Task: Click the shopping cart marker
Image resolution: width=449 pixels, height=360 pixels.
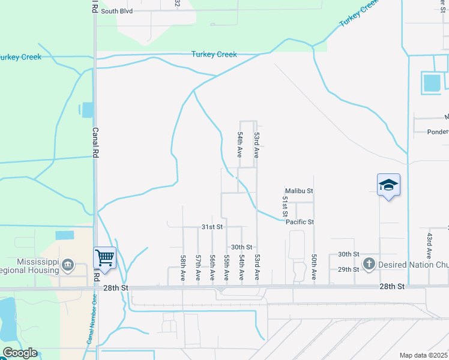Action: [104, 258]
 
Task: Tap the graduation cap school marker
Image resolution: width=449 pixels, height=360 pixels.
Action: [388, 185]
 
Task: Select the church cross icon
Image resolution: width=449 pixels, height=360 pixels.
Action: [369, 263]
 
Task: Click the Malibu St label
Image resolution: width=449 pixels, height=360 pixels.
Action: [299, 191]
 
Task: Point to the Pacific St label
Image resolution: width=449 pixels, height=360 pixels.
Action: [300, 222]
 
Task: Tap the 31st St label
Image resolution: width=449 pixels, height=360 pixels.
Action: [212, 227]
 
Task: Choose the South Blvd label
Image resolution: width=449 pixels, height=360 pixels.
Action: [116, 11]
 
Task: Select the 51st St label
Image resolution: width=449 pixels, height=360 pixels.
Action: [285, 206]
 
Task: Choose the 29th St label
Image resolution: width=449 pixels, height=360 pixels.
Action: [348, 269]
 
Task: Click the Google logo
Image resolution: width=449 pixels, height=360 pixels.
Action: [19, 353]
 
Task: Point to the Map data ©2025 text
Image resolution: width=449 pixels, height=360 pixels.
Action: [423, 355]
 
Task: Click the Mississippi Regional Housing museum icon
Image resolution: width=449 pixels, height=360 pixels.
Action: [67, 264]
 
